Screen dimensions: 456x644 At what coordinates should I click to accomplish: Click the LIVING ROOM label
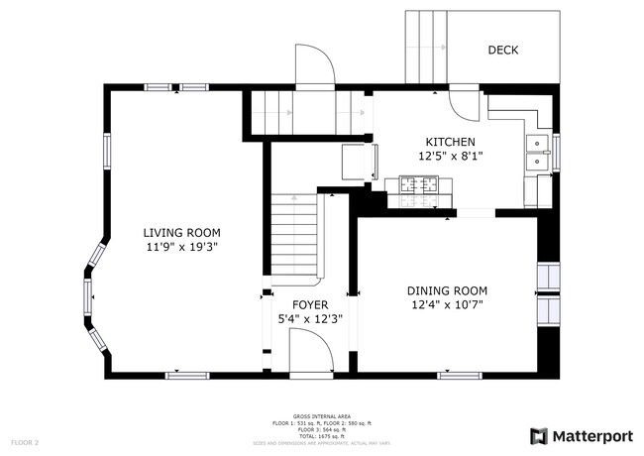coord(180,232)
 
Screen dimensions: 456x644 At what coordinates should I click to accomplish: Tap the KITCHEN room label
coord(451,142)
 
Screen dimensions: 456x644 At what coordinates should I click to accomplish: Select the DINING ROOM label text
coord(447,290)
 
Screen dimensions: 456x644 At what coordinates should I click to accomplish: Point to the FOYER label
coord(309,304)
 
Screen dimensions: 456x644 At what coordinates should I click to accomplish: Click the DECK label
coord(503,50)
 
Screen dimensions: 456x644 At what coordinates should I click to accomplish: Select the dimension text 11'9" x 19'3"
coord(180,247)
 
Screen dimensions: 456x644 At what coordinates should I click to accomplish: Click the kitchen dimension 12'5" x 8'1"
coord(451,157)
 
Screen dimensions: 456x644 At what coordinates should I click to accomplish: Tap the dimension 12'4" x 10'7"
coord(447,305)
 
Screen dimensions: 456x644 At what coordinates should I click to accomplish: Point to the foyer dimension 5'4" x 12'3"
coord(309,319)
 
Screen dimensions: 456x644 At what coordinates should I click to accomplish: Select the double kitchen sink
coord(536,152)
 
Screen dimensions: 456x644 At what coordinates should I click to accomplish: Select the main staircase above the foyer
coord(295,236)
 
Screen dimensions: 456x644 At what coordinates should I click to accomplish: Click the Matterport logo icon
coord(539,435)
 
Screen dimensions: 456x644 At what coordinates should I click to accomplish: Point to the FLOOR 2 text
coord(25,441)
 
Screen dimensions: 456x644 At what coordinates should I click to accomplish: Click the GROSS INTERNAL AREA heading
coord(322,416)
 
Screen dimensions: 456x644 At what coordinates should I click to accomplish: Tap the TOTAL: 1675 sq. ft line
coord(322,436)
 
